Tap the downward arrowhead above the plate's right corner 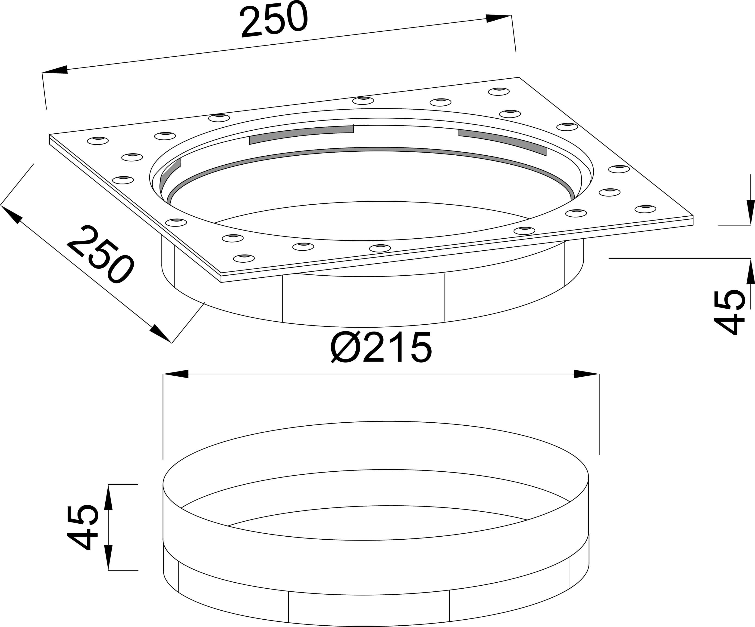coord(751,212)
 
